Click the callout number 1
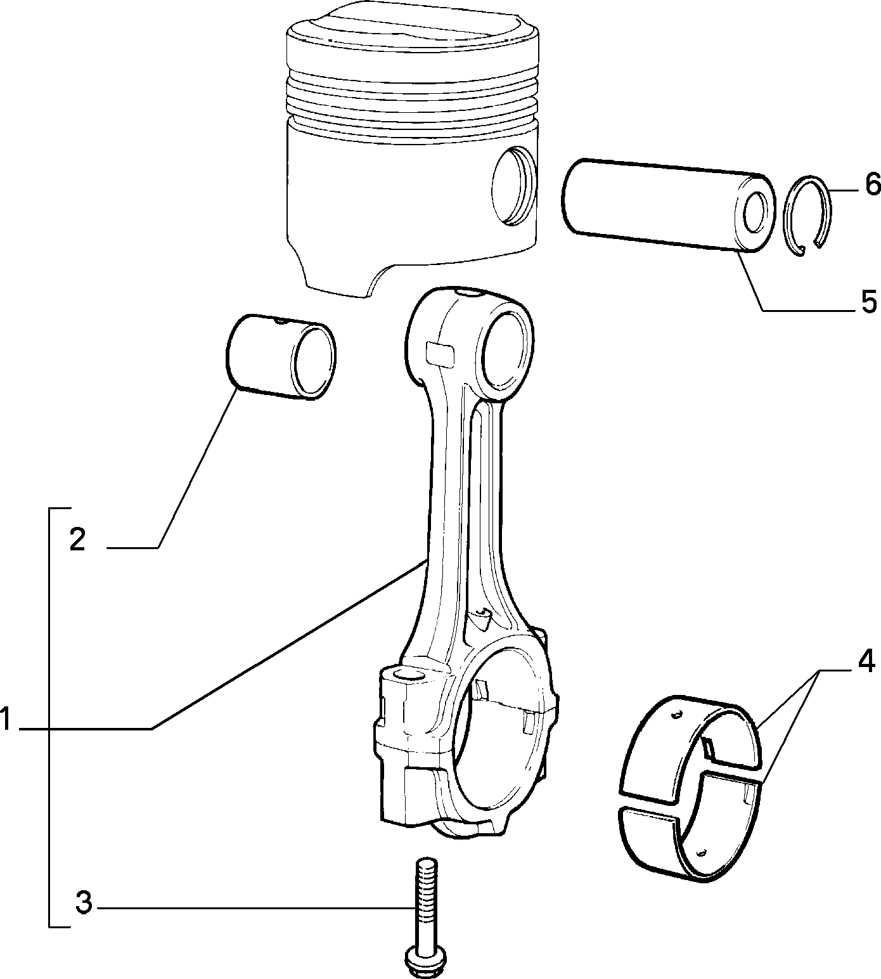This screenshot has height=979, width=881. click(x=6, y=721)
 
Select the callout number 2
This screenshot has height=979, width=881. click(x=77, y=540)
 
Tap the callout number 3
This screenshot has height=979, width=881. click(x=84, y=903)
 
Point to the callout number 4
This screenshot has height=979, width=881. click(x=866, y=661)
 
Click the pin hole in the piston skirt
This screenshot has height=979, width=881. click(x=513, y=186)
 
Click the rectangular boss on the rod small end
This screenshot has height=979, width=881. click(x=440, y=353)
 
